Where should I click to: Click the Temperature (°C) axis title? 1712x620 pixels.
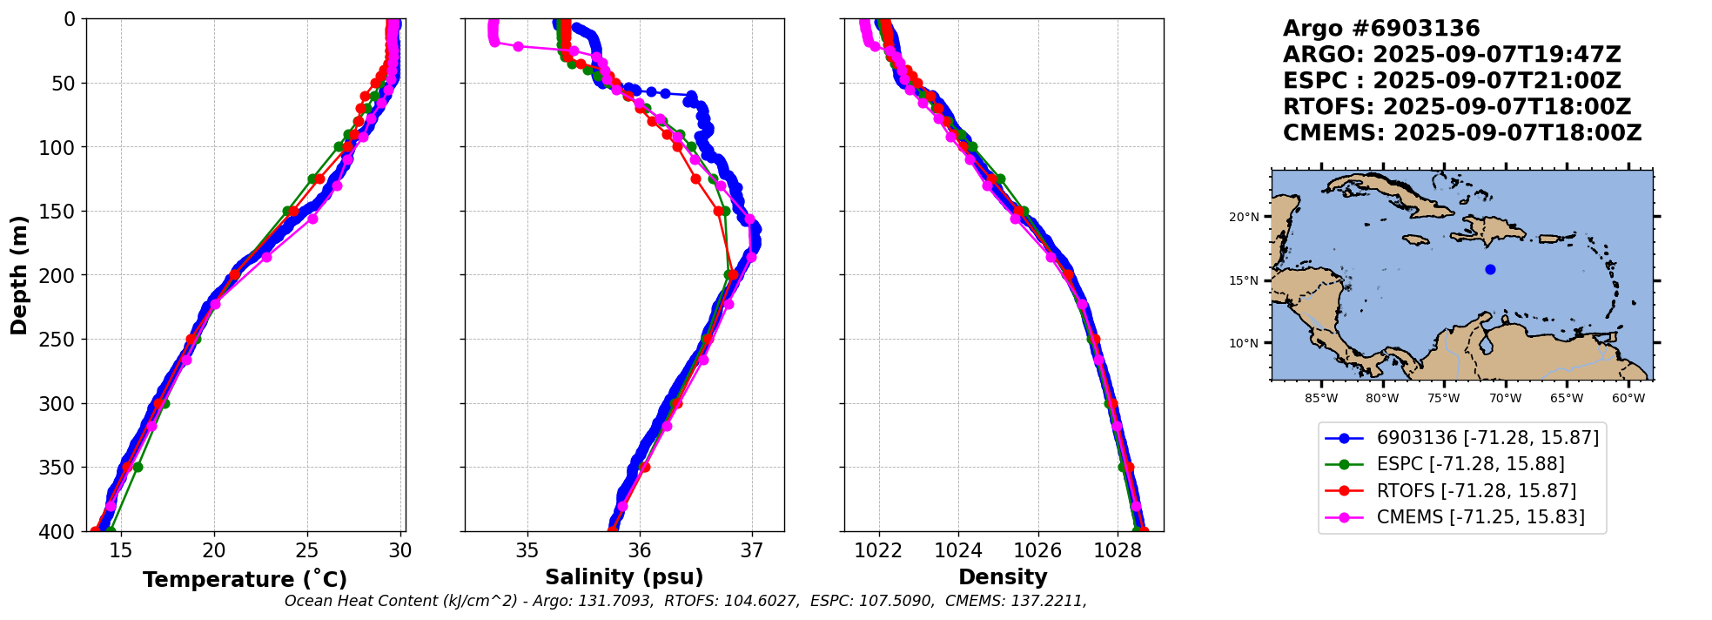pyautogui.click(x=245, y=579)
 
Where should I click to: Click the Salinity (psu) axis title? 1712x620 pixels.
pyautogui.click(x=624, y=577)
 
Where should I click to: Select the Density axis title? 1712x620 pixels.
pyautogui.click(x=1003, y=577)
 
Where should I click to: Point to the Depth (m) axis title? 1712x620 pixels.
pyautogui.click(x=19, y=275)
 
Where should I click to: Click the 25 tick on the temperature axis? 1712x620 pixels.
pyautogui.click(x=307, y=550)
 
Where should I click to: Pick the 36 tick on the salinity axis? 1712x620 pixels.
pyautogui.click(x=640, y=550)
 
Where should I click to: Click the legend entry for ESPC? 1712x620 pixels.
pyautogui.click(x=1470, y=464)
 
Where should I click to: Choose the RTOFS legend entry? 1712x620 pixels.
pyautogui.click(x=1476, y=491)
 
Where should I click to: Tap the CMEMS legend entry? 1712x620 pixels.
pyautogui.click(x=1480, y=517)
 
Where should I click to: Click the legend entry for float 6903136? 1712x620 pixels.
pyautogui.click(x=1487, y=438)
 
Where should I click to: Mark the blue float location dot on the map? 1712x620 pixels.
pyautogui.click(x=1490, y=269)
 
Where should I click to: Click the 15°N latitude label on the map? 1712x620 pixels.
pyautogui.click(x=1244, y=280)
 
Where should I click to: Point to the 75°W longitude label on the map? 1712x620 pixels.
pyautogui.click(x=1443, y=399)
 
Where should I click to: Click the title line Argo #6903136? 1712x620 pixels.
pyautogui.click(x=1381, y=29)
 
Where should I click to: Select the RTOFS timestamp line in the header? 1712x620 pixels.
pyautogui.click(x=1456, y=107)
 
